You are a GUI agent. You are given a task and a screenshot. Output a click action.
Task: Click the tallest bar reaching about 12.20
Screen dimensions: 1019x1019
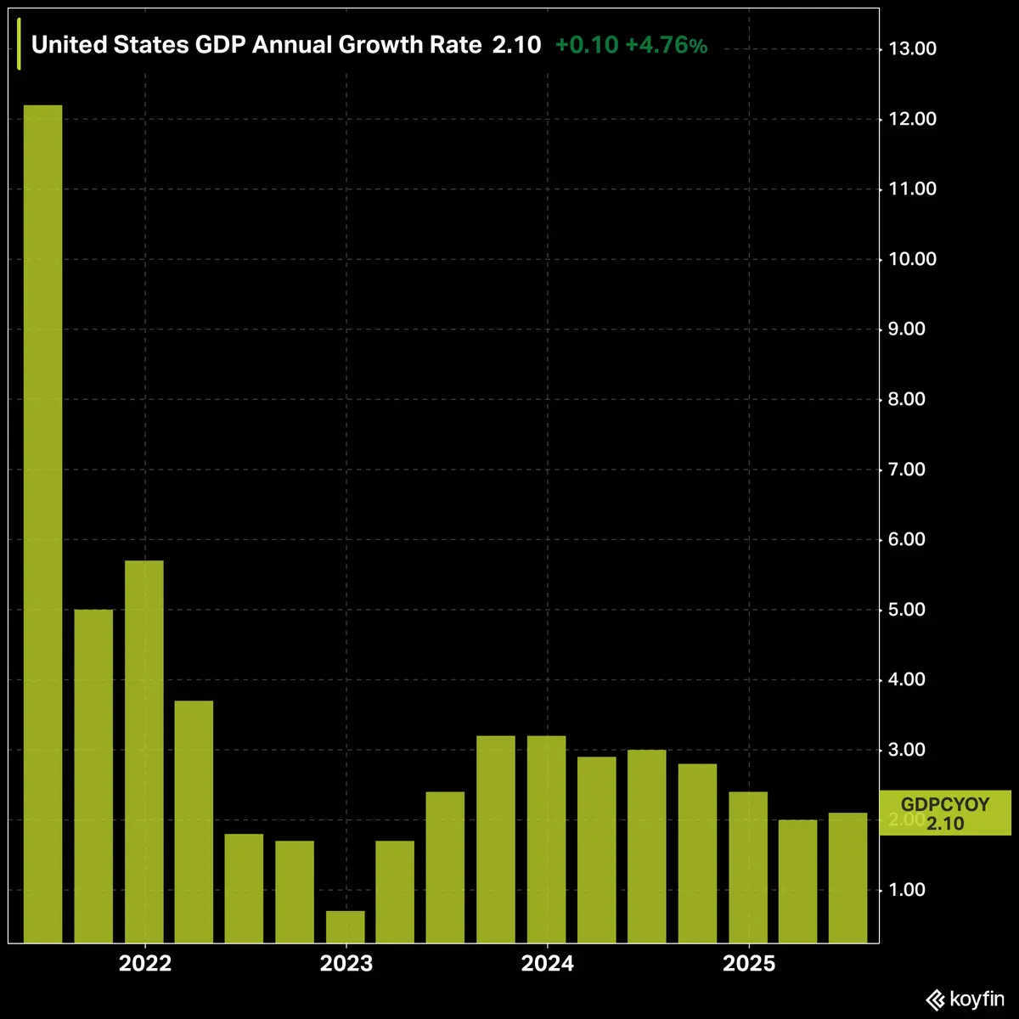[42, 523]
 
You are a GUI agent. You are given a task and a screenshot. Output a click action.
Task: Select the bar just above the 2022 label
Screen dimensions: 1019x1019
[144, 751]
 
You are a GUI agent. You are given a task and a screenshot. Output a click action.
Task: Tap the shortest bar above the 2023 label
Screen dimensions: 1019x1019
[346, 926]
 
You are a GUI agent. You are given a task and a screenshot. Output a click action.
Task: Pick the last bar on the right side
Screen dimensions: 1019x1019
[847, 877]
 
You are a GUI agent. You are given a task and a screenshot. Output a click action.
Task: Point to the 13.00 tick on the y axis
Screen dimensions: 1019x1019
[912, 48]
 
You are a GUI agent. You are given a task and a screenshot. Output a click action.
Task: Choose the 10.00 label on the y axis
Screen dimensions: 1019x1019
[912, 259]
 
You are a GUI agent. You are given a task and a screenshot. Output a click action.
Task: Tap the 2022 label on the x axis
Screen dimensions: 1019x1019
[145, 964]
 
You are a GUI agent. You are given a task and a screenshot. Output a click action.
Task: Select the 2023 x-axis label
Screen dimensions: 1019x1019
[346, 964]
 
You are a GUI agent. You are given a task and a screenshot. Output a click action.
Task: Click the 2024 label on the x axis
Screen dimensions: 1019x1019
[547, 964]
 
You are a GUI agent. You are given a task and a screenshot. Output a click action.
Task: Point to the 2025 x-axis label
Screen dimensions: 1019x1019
[748, 964]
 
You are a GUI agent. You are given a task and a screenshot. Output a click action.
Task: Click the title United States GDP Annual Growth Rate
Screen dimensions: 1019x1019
[256, 45]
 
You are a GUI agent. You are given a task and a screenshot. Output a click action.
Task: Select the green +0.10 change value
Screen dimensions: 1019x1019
[586, 45]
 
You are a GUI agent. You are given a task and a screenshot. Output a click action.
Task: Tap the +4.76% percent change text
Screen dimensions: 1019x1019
[666, 45]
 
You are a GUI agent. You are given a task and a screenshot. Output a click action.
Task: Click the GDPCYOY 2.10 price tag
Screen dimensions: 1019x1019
[945, 814]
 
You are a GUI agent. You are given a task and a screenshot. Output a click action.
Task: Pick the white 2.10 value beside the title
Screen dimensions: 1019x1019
[516, 45]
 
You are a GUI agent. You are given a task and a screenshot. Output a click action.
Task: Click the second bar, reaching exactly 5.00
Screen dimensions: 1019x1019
[93, 775]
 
